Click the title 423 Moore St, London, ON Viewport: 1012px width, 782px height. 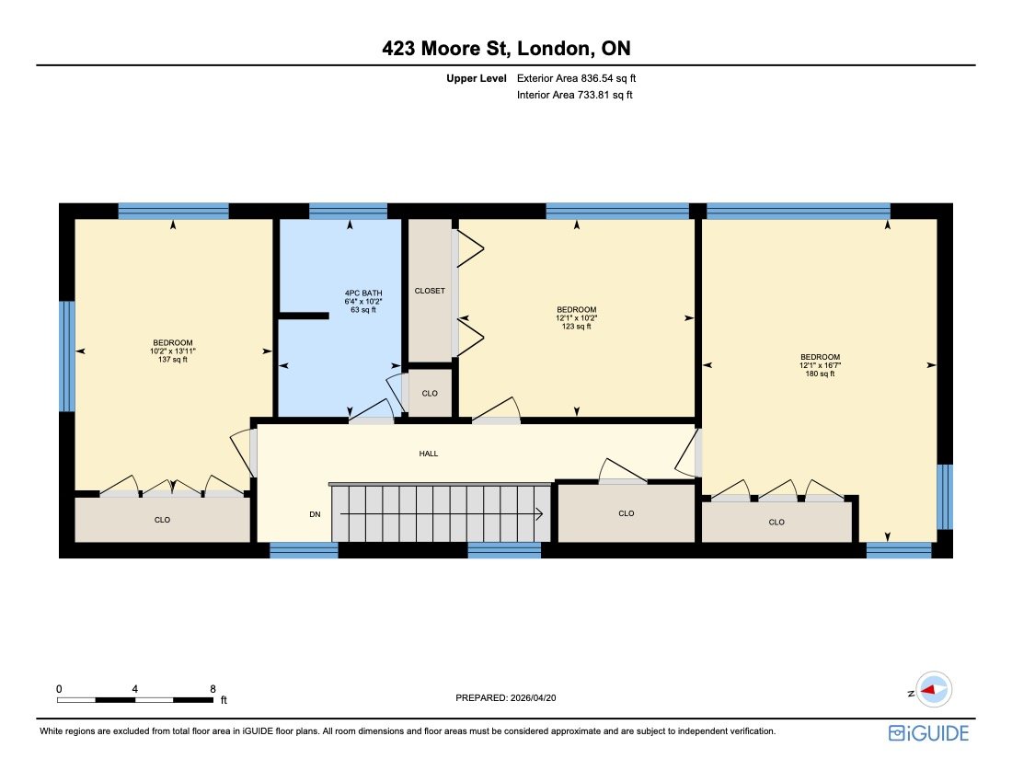click(505, 49)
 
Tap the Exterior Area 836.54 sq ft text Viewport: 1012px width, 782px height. click(576, 79)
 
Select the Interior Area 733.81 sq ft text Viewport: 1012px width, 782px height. click(575, 95)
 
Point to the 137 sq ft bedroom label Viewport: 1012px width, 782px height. click(173, 351)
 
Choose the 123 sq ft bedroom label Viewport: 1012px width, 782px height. click(576, 317)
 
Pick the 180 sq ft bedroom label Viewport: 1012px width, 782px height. click(820, 365)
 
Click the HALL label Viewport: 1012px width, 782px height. click(429, 454)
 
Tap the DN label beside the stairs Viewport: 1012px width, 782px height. click(315, 514)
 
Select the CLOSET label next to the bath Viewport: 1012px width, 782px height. click(430, 291)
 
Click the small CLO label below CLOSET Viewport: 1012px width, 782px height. click(430, 394)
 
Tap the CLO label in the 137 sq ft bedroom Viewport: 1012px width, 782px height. click(162, 520)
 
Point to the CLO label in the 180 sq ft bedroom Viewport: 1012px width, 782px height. click(776, 522)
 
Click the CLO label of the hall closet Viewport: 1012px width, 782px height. click(627, 513)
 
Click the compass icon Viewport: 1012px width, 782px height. click(934, 689)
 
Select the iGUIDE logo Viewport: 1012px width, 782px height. click(928, 732)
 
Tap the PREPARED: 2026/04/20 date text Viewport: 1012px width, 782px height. click(507, 698)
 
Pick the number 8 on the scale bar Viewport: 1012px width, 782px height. click(213, 688)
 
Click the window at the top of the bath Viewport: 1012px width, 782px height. click(348, 211)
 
